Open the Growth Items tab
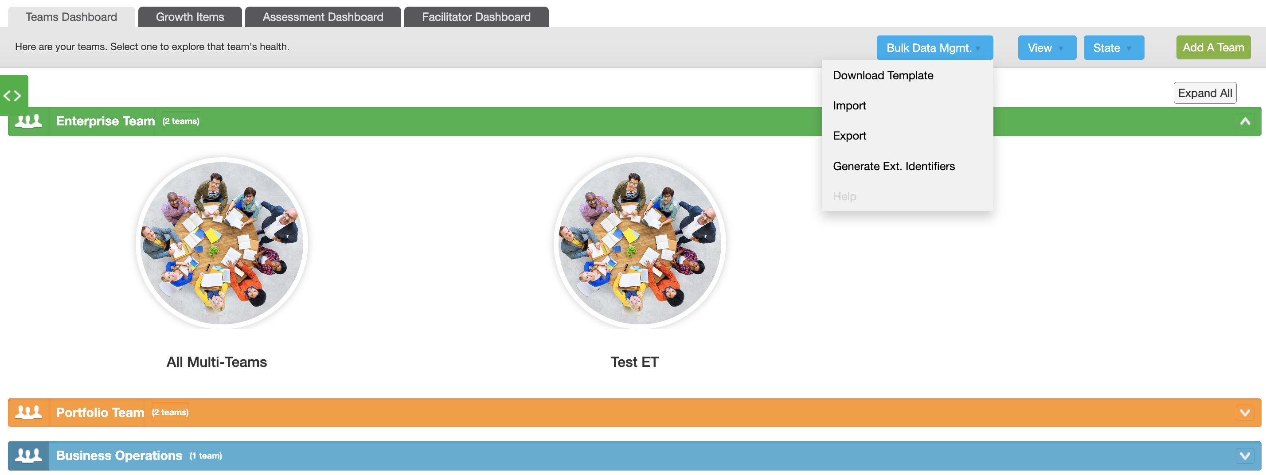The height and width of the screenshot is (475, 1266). (190, 17)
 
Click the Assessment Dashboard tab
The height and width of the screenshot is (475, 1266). (323, 17)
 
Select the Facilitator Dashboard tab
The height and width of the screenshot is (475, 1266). (476, 17)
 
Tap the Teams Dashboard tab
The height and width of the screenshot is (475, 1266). (71, 17)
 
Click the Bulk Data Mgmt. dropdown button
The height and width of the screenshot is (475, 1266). (934, 48)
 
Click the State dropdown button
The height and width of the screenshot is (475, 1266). (1114, 48)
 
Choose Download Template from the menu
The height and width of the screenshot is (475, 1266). (883, 76)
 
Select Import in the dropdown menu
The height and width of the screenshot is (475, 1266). (849, 105)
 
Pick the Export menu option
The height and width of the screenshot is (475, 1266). (849, 136)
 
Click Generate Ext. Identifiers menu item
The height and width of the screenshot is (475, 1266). (894, 167)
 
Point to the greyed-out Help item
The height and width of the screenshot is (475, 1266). (844, 196)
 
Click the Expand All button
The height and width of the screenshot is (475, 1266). (1204, 93)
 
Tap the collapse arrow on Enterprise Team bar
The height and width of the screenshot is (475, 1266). (1245, 121)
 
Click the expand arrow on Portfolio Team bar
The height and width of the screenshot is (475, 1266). (1245, 413)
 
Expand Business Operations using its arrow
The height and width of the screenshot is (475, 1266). (1245, 456)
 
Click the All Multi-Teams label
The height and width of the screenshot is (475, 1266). (217, 362)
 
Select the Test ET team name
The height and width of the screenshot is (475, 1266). (634, 362)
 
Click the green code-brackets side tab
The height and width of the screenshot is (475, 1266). (13, 95)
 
